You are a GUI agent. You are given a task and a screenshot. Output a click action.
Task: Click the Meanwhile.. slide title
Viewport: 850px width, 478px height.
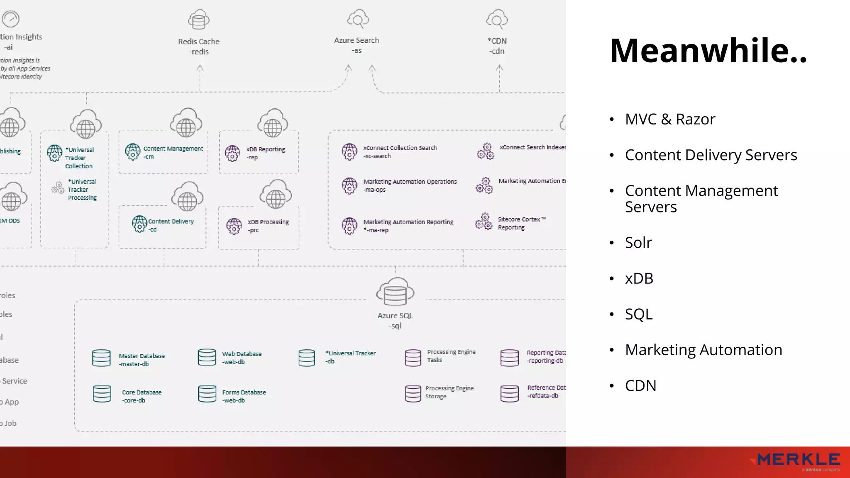[x=708, y=51]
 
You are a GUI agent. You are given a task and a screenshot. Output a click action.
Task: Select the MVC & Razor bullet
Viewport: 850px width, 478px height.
[x=670, y=119]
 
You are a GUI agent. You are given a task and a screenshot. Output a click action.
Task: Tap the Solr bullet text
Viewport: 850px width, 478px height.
[x=638, y=242]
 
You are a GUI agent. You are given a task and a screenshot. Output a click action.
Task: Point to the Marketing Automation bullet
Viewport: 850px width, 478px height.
[x=703, y=350]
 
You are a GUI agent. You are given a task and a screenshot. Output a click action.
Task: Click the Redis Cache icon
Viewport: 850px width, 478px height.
[x=198, y=20]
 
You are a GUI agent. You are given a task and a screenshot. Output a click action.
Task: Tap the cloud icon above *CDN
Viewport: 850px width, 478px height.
[x=497, y=19]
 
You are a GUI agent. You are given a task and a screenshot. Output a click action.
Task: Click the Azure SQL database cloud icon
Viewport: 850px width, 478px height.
[x=395, y=292]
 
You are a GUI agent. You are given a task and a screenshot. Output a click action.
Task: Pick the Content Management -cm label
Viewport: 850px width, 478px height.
[x=173, y=152]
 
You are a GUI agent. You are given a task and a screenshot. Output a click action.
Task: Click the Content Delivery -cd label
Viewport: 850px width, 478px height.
[x=171, y=225]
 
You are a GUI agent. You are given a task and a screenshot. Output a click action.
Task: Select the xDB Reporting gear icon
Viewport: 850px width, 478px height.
[x=232, y=153]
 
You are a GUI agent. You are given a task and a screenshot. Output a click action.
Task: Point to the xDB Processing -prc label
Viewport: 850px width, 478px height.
[x=268, y=226]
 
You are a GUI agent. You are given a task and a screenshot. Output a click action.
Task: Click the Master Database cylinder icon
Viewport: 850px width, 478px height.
[x=101, y=358]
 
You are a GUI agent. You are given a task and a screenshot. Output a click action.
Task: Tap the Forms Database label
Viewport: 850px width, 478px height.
[x=244, y=396]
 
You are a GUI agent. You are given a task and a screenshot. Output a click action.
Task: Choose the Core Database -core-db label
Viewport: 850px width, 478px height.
[x=142, y=396]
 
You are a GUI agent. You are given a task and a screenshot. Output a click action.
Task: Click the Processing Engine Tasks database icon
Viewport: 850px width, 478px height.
[x=413, y=357]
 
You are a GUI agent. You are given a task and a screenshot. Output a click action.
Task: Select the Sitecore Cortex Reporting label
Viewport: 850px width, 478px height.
[x=521, y=223]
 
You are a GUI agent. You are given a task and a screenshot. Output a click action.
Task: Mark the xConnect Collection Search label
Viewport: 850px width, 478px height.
[x=400, y=151]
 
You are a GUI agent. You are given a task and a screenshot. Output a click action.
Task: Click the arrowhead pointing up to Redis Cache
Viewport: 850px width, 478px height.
[x=200, y=68]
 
